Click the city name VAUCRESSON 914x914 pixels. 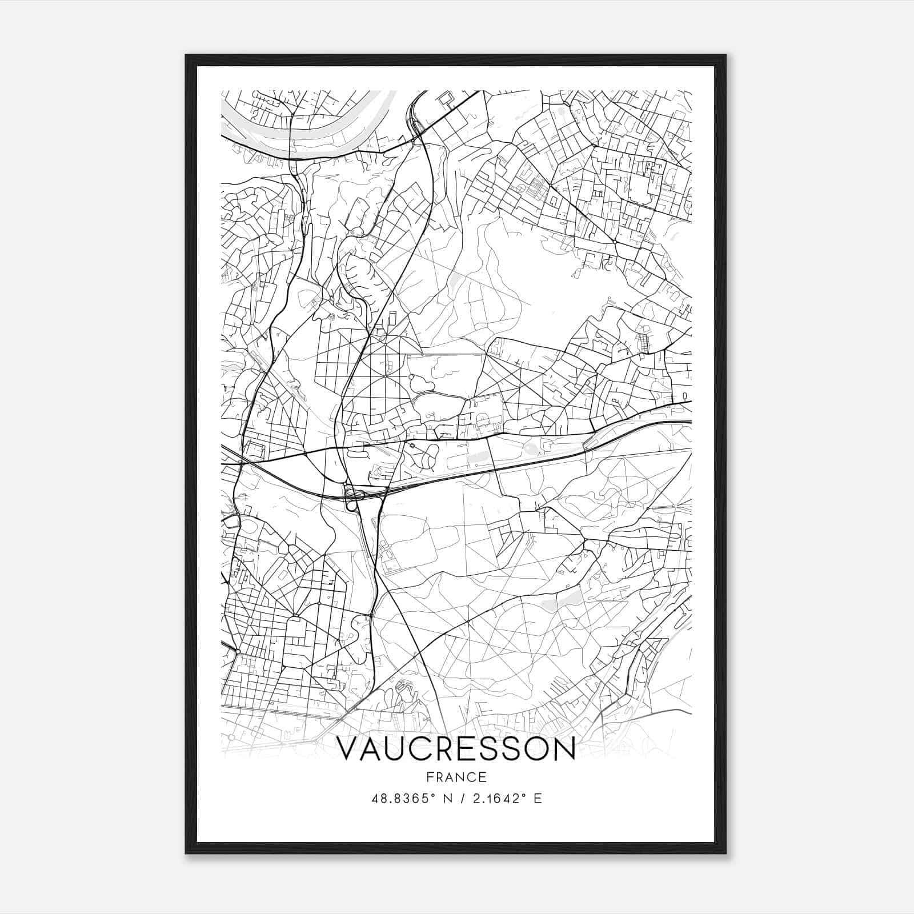pyautogui.click(x=456, y=749)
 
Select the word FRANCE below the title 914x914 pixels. pyautogui.click(x=456, y=777)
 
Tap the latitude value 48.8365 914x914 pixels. pyautogui.click(x=400, y=799)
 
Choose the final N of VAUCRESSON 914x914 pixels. pyautogui.click(x=563, y=749)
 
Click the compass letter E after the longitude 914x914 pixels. pyautogui.click(x=537, y=799)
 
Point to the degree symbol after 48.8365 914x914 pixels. pyautogui.click(x=432, y=795)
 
